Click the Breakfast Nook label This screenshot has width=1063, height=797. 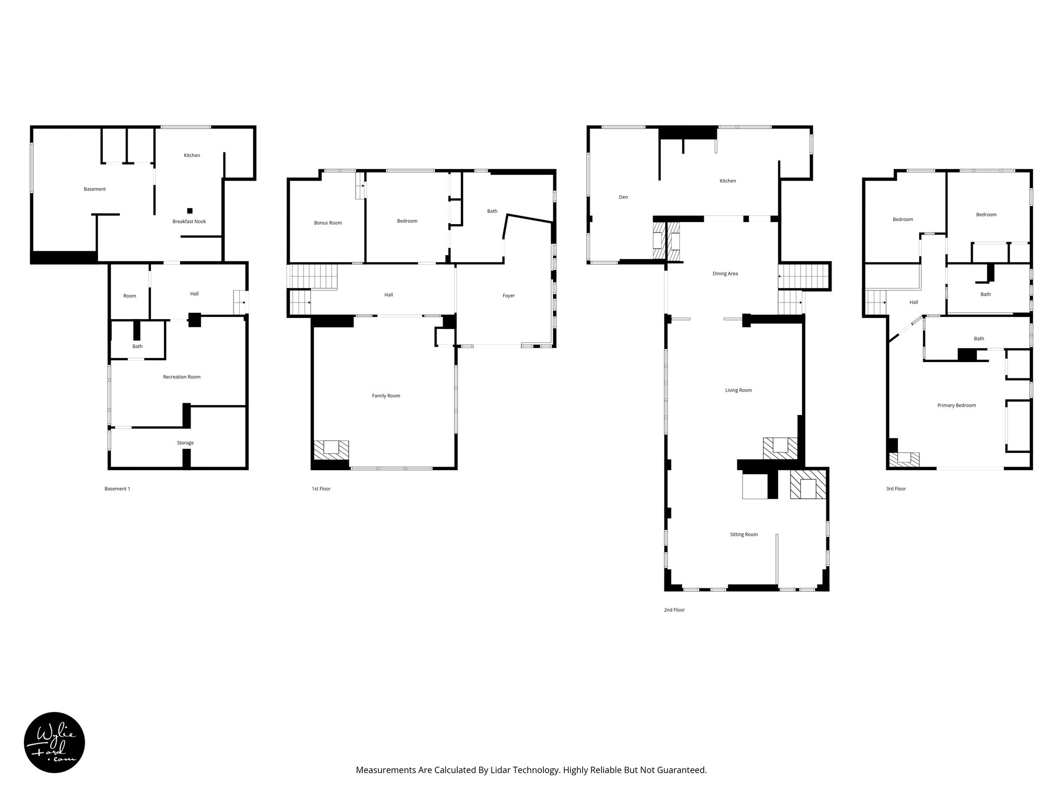[x=189, y=222]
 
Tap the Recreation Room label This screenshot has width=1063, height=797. [x=182, y=377]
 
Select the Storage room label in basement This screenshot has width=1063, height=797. [x=185, y=443]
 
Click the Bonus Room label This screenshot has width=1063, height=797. [x=328, y=223]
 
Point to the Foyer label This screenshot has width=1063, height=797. [x=509, y=296]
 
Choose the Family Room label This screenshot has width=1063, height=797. [x=386, y=396]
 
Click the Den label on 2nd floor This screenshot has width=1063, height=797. [x=623, y=197]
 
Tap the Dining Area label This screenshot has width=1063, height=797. [x=725, y=274]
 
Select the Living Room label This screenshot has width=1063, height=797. [x=739, y=390]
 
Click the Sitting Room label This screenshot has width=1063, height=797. [x=744, y=534]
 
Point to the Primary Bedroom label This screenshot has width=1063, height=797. [x=957, y=406]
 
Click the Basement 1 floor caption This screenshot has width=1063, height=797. [x=117, y=489]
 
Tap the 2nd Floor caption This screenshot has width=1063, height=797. [x=674, y=610]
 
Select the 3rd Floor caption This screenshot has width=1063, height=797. [x=896, y=489]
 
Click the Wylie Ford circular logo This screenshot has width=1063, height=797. [x=54, y=742]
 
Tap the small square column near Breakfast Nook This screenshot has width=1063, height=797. [x=190, y=211]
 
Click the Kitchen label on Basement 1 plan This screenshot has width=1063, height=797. [x=192, y=156]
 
